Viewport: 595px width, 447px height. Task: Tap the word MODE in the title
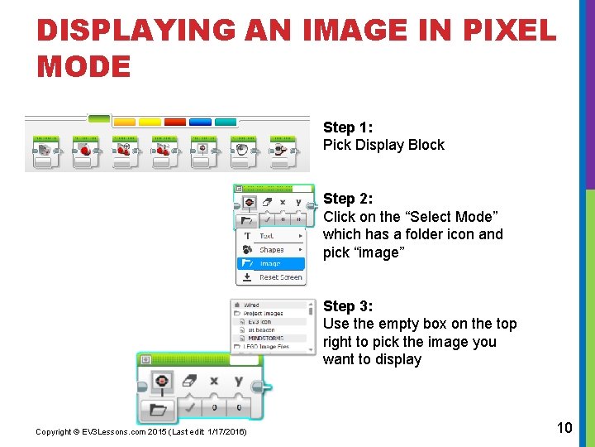pyautogui.click(x=83, y=66)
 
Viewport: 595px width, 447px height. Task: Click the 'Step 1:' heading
pyautogui.click(x=348, y=127)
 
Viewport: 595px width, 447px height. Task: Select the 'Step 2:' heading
pyautogui.click(x=348, y=199)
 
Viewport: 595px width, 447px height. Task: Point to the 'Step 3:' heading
pyautogui.click(x=348, y=306)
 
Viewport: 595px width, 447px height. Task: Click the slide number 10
pyautogui.click(x=564, y=427)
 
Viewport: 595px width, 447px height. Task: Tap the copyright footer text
pyautogui.click(x=140, y=432)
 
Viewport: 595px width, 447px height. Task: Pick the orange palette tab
pyautogui.click(x=124, y=122)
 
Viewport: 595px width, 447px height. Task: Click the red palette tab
pyautogui.click(x=175, y=122)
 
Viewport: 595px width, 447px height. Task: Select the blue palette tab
pyautogui.click(x=200, y=122)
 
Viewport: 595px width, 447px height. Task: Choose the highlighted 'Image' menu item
pyautogui.click(x=270, y=264)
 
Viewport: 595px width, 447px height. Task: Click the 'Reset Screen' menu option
pyautogui.click(x=280, y=277)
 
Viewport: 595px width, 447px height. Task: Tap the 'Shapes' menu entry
pyautogui.click(x=271, y=250)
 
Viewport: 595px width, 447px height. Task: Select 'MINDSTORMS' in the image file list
pyautogui.click(x=266, y=338)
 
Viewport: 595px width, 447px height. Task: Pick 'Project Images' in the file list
pyautogui.click(x=264, y=314)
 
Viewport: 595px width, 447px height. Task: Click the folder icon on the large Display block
pyautogui.click(x=158, y=408)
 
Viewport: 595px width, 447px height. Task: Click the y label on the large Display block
pyautogui.click(x=239, y=381)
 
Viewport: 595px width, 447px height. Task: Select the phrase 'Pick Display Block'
pyautogui.click(x=383, y=145)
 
